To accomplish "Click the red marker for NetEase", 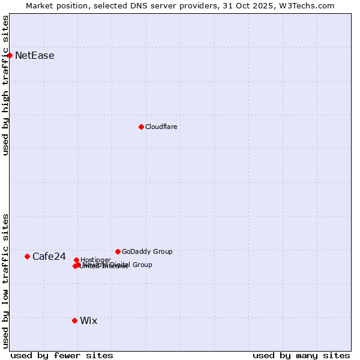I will (x=10, y=55).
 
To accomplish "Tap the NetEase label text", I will (x=35, y=56).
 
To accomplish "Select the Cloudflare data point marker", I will (x=141, y=127).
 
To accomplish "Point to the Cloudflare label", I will (x=161, y=127).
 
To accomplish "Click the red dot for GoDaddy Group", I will (x=118, y=251).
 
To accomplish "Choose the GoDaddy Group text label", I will (x=147, y=252).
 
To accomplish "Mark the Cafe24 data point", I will (x=27, y=256).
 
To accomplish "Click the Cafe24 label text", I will (x=49, y=257).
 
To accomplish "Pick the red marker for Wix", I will (x=74, y=320).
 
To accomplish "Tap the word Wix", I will (x=88, y=321).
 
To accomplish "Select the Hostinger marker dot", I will (x=76, y=260).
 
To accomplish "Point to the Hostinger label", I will (x=95, y=260).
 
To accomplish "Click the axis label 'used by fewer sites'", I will (x=62, y=355).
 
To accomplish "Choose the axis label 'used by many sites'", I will (x=301, y=355).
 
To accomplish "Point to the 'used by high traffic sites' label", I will (x=5, y=86).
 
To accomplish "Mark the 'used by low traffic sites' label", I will (x=5, y=281).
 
